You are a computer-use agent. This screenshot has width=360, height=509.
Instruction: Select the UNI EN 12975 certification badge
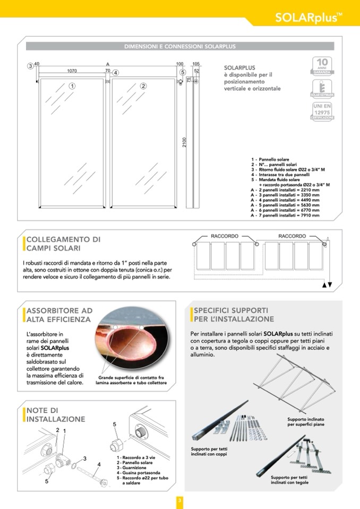click(x=322, y=112)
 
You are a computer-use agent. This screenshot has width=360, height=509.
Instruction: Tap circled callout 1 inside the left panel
click(x=72, y=85)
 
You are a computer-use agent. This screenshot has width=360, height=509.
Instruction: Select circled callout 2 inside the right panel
click(x=143, y=85)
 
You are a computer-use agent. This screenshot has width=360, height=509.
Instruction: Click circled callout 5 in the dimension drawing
click(x=182, y=73)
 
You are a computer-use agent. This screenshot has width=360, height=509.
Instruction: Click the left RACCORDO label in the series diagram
click(x=225, y=236)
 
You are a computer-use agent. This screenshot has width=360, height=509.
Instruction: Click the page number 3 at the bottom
click(x=180, y=499)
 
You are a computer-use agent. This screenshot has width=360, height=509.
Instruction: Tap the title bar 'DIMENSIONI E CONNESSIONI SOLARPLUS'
click(x=180, y=47)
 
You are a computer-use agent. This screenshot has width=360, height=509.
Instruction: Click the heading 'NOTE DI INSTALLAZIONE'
click(x=56, y=415)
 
